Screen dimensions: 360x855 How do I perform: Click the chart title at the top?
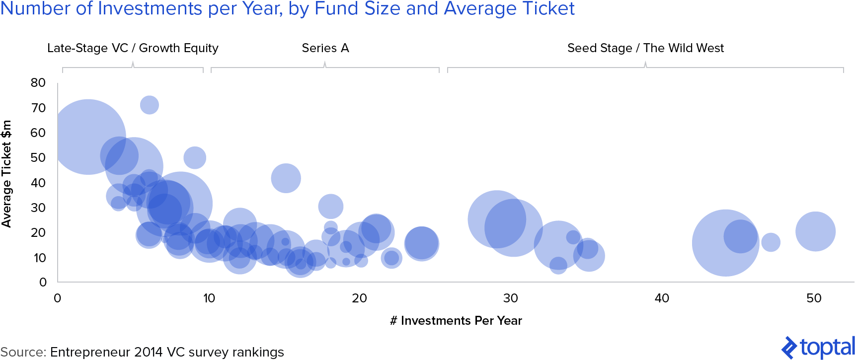(x=287, y=9)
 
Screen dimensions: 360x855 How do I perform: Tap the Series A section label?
(x=325, y=48)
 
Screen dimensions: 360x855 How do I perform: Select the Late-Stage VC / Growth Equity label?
(x=133, y=48)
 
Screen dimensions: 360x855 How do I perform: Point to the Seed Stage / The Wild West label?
(x=645, y=48)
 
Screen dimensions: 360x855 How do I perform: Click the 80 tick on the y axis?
(x=38, y=83)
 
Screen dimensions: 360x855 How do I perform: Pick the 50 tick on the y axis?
(x=38, y=158)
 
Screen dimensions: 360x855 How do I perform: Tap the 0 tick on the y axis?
(x=43, y=283)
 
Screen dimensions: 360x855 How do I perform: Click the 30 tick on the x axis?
(x=510, y=298)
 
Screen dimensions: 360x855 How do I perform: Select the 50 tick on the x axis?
(x=814, y=298)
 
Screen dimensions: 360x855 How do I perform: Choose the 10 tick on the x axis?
(x=209, y=298)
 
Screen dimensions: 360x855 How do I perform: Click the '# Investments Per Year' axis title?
(x=456, y=321)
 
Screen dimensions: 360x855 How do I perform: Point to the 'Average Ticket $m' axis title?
(x=6, y=174)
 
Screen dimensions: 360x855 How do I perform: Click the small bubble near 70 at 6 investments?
(x=149, y=105)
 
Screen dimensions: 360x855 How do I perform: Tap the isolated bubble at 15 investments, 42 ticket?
(x=286, y=178)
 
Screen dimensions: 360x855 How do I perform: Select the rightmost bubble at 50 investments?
(x=815, y=231)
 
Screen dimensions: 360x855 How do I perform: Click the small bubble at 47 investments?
(x=771, y=242)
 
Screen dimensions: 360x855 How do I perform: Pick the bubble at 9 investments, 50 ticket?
(x=195, y=158)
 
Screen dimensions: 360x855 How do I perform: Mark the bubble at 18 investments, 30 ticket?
(x=330, y=206)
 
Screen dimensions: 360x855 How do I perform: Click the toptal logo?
(x=818, y=347)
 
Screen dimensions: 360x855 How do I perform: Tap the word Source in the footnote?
(x=23, y=352)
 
